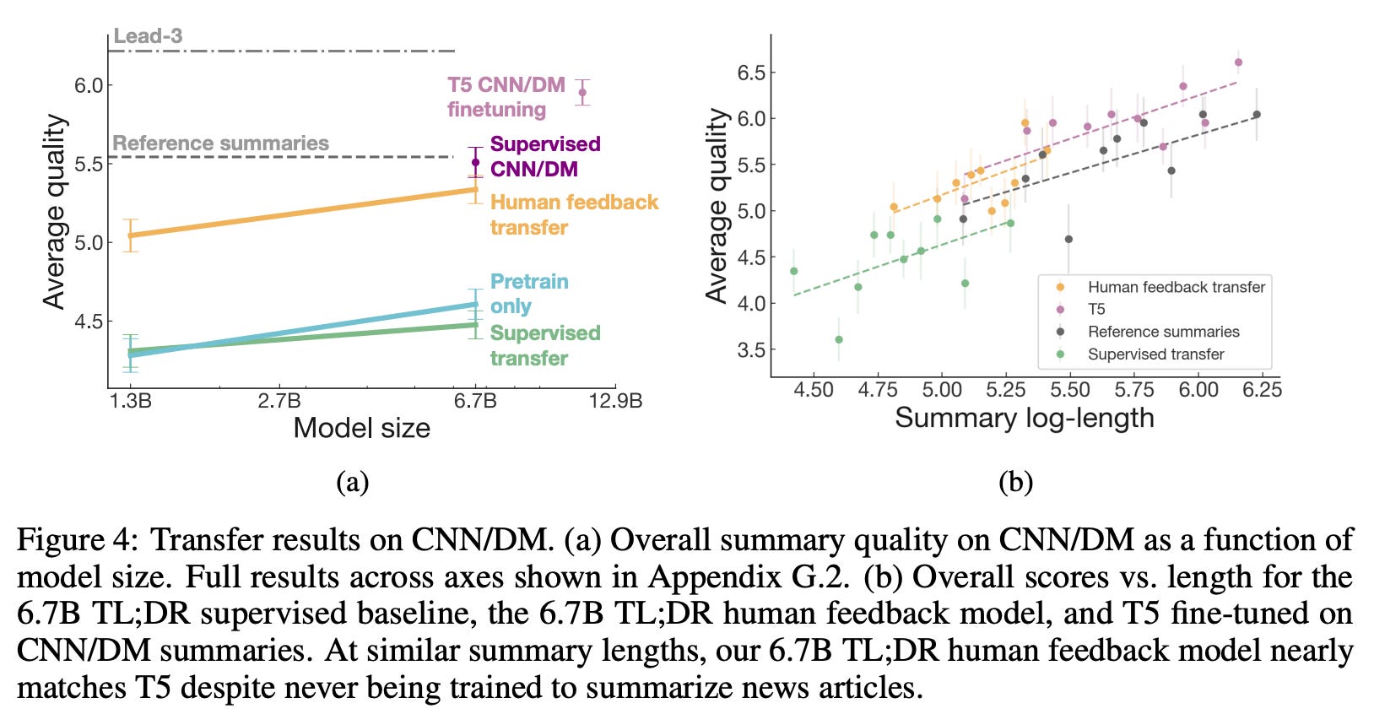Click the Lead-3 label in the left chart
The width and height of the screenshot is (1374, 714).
point(148,36)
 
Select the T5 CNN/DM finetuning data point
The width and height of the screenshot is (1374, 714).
point(582,92)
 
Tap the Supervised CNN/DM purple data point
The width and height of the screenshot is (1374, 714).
point(475,162)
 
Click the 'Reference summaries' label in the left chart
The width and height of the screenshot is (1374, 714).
point(220,143)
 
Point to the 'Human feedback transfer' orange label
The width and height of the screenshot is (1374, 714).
point(574,214)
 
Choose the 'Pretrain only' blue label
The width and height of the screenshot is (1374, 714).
point(529,294)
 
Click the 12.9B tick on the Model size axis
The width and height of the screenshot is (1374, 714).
point(615,400)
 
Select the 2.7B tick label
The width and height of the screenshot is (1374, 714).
point(279,400)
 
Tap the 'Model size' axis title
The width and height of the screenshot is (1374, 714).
point(361,428)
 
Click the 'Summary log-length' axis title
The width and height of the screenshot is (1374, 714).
point(1024,418)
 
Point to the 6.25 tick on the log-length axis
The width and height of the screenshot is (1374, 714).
point(1262,389)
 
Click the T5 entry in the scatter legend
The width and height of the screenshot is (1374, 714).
point(1096,310)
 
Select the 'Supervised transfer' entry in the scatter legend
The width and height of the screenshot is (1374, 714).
point(1155,354)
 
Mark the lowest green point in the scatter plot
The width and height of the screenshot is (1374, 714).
point(838,339)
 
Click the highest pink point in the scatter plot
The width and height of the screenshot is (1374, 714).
point(1238,62)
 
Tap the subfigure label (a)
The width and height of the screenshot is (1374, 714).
point(352,482)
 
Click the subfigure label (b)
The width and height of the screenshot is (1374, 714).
point(1015,482)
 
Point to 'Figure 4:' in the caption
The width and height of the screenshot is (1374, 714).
point(78,540)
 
